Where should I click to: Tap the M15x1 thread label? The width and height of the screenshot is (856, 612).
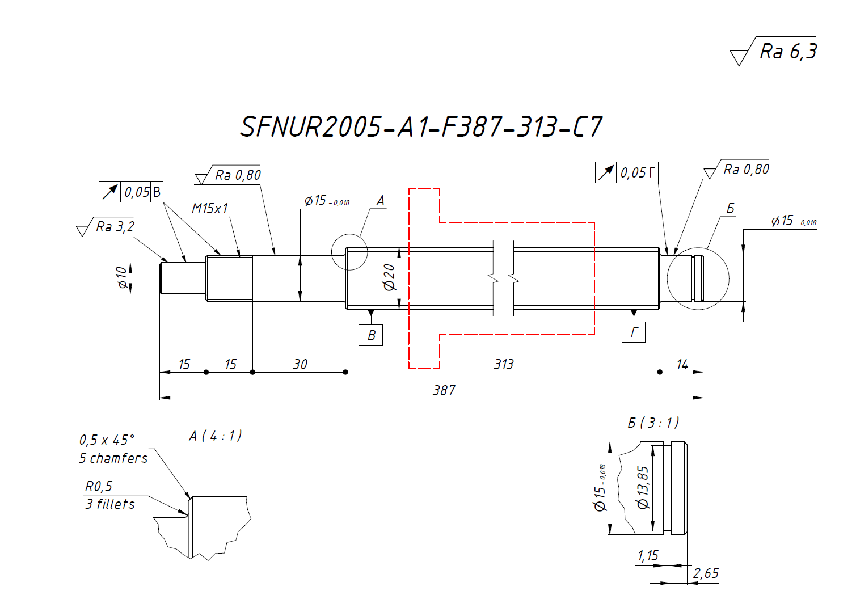(x=210, y=209)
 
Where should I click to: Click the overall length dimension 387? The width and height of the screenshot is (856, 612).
(x=444, y=390)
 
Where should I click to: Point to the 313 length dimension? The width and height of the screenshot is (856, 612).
(x=503, y=364)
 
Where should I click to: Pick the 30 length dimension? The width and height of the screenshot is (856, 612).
(x=300, y=364)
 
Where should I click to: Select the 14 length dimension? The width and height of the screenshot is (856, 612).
(x=682, y=364)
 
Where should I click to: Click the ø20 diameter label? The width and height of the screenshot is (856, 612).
(x=389, y=277)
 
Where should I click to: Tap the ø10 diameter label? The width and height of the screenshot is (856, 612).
(x=122, y=277)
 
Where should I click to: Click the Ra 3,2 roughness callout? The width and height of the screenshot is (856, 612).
(x=115, y=227)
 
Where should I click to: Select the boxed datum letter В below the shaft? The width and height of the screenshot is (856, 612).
(x=371, y=335)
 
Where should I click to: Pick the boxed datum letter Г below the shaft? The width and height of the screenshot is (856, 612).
(x=634, y=332)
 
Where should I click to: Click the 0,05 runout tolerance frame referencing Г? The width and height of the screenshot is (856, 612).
(x=627, y=172)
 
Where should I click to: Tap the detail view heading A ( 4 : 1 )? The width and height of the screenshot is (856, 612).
(x=215, y=436)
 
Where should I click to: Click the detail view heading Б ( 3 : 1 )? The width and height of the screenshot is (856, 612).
(x=653, y=423)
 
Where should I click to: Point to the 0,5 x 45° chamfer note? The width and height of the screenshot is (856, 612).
(x=107, y=440)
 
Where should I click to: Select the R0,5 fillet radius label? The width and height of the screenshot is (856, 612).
(x=99, y=487)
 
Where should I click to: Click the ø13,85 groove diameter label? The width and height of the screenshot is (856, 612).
(x=643, y=488)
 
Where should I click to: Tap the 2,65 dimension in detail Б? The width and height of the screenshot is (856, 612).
(x=706, y=573)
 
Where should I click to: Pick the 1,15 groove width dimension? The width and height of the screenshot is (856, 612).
(x=648, y=556)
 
